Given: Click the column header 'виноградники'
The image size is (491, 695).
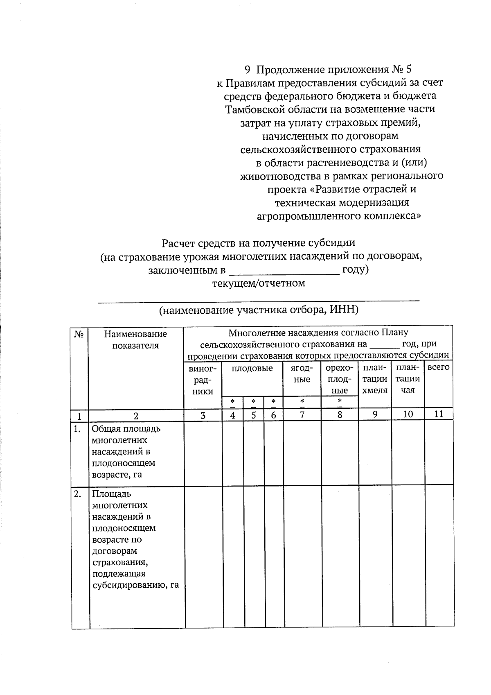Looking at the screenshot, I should (203, 380).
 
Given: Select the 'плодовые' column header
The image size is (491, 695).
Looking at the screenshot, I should (252, 368).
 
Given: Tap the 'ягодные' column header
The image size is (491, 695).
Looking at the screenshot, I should (302, 374).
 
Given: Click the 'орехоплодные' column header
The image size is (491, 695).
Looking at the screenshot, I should (340, 379).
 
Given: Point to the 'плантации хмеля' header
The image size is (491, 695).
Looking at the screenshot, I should (375, 379).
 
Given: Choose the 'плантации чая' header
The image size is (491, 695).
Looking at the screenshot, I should (408, 379).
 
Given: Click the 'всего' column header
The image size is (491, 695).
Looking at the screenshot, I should (438, 367).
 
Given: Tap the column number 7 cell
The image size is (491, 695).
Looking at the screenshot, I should (302, 415).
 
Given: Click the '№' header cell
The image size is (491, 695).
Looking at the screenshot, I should (80, 334).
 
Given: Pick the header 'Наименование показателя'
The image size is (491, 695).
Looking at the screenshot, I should (135, 340).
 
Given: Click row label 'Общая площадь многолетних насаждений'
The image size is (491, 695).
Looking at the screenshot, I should (126, 451).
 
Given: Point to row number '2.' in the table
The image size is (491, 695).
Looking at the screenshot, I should (77, 494).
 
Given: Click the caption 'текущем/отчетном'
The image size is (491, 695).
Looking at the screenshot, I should (258, 283).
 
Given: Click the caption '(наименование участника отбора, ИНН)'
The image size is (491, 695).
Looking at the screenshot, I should (259, 310).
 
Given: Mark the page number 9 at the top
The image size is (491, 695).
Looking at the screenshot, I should (247, 69).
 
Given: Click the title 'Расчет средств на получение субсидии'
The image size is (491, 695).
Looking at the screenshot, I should (258, 243).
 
